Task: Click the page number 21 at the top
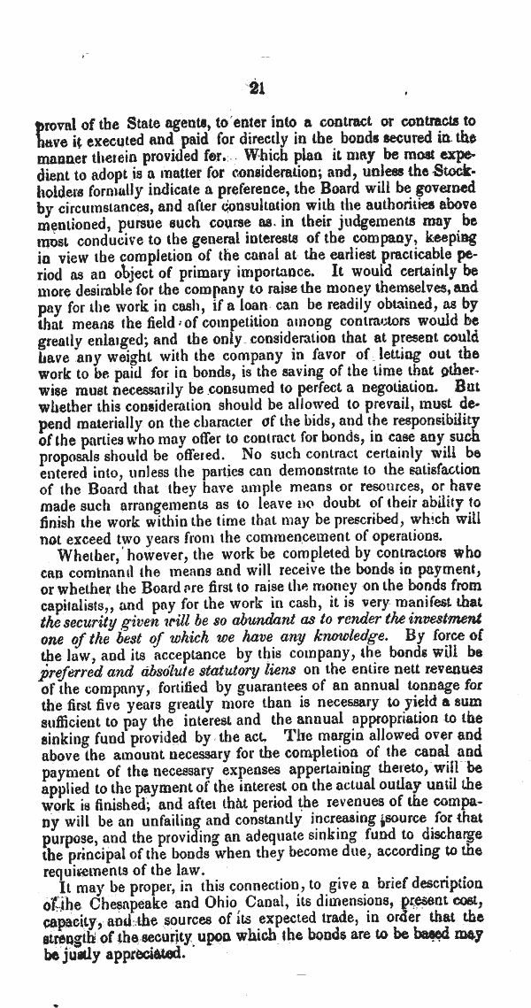tap(258, 86)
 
